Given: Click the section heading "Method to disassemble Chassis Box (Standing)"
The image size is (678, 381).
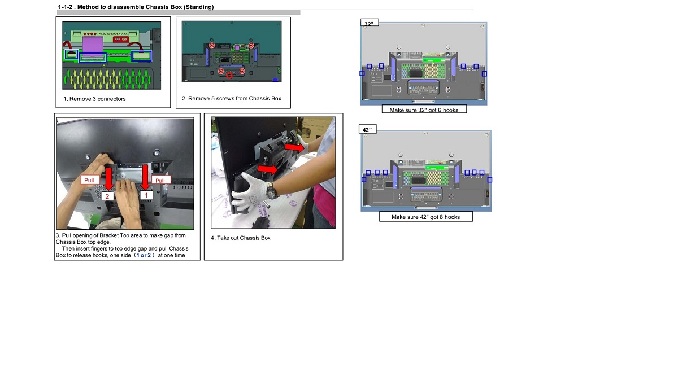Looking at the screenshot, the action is pos(145,7).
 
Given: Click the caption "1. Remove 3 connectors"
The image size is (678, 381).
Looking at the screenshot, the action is pos(94,99).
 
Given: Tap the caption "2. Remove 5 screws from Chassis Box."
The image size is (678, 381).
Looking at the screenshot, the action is pos(232,99).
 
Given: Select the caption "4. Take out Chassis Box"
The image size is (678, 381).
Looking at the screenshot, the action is pos(241,238).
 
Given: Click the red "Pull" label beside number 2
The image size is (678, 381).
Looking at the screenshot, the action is pos(90,180).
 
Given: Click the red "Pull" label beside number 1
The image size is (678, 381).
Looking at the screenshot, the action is pos(160,180).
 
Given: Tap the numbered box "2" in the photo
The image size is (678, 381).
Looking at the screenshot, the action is pos(107,196).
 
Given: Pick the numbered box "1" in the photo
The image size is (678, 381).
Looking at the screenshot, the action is pos(146,195).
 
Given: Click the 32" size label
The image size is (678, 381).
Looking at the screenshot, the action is pos(370,23).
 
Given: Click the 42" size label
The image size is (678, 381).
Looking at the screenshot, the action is pos(367,129).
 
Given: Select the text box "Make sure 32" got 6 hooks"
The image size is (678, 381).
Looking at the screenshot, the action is pos(424,110).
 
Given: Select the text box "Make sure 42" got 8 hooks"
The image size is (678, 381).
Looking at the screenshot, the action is pos(426,217).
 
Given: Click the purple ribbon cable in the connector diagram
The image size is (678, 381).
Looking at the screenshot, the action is pos(93,45).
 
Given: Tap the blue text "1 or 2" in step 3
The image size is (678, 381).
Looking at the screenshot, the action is pos(144,255).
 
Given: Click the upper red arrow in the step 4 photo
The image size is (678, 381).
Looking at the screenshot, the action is pos(294,147).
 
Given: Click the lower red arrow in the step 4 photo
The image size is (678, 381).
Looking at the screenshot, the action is pos(268,169).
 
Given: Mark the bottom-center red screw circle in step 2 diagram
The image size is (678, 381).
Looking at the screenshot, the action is pos(229,76).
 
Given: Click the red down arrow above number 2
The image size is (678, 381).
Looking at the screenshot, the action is pos(108,179).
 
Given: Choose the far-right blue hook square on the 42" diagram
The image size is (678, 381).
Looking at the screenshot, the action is pos(489,179).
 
